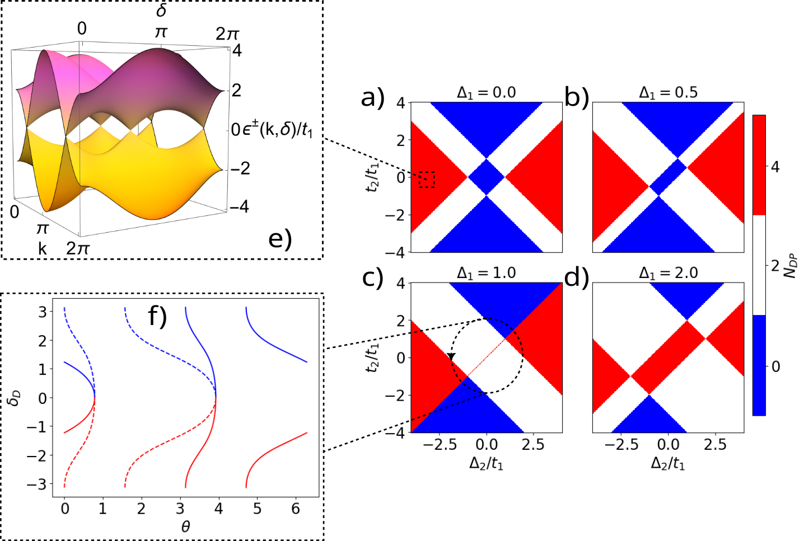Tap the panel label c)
pyautogui.click(x=373, y=277)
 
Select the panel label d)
pyautogui.click(x=577, y=277)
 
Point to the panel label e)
pyautogui.click(x=280, y=239)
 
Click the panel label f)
pyautogui.click(x=157, y=317)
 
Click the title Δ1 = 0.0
pyautogui.click(x=486, y=93)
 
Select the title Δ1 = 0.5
pyautogui.click(x=668, y=93)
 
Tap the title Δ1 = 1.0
pyautogui.click(x=486, y=273)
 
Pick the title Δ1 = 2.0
pyautogui.click(x=668, y=273)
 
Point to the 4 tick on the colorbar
pyautogui.click(x=775, y=167)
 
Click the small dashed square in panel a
pyautogui.click(x=427, y=179)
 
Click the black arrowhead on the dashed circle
pyautogui.click(x=452, y=357)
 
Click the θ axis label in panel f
pyautogui.click(x=185, y=526)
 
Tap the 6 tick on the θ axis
pyautogui.click(x=296, y=509)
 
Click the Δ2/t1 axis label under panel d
pyautogui.click(x=668, y=463)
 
